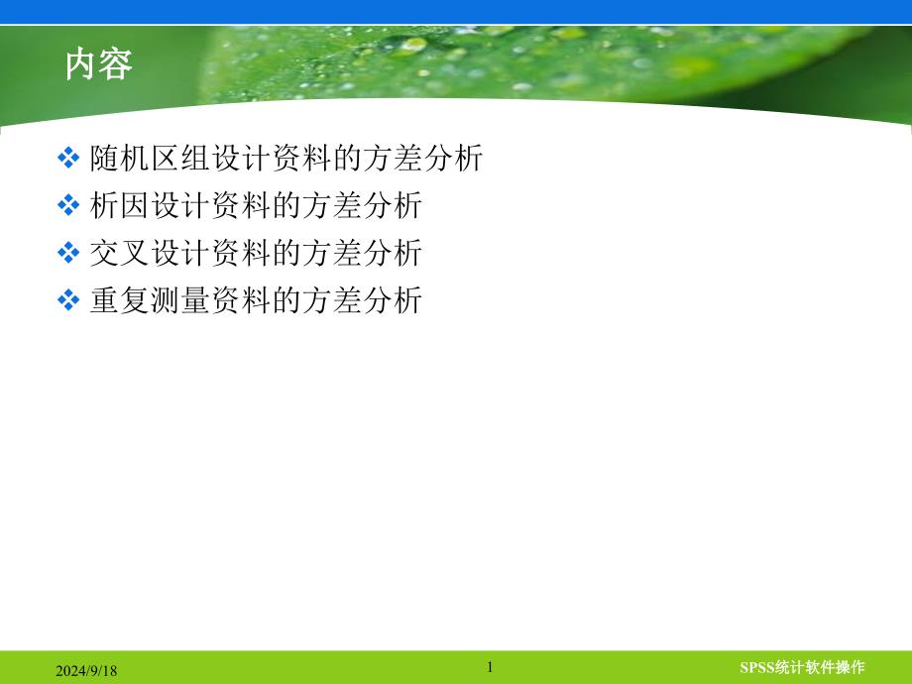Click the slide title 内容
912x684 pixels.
[99, 64]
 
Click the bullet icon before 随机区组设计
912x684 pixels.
[68, 158]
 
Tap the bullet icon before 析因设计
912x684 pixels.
[68, 205]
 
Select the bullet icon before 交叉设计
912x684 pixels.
[68, 253]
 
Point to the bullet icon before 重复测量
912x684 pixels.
[68, 300]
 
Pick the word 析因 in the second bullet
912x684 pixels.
[119, 206]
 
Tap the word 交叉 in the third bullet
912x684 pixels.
[119, 254]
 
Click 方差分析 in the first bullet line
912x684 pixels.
[423, 159]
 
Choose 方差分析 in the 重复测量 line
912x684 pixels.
[363, 301]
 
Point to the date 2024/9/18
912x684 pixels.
[86, 671]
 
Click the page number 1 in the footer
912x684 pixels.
[490, 667]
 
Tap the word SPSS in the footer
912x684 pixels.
[757, 667]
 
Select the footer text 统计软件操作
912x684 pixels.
[821, 667]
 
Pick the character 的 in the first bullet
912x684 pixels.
[348, 159]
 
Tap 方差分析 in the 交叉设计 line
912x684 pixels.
[363, 254]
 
